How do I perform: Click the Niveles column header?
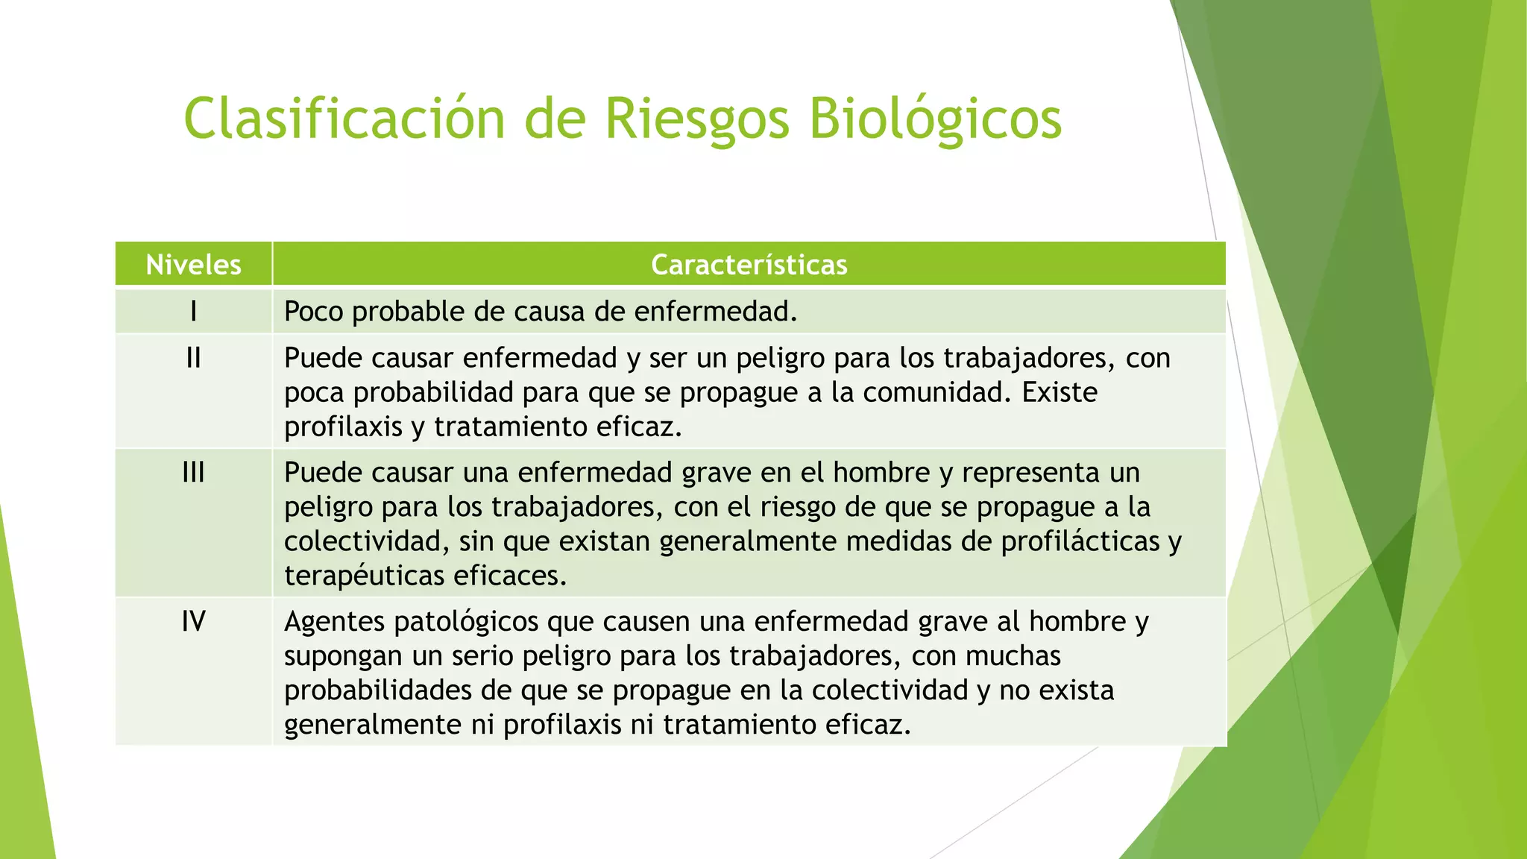click(193, 265)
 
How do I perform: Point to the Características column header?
click(749, 265)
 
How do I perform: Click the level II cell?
click(193, 359)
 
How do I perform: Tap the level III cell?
click(193, 473)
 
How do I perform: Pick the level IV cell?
click(193, 621)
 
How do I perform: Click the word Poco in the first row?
click(314, 312)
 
